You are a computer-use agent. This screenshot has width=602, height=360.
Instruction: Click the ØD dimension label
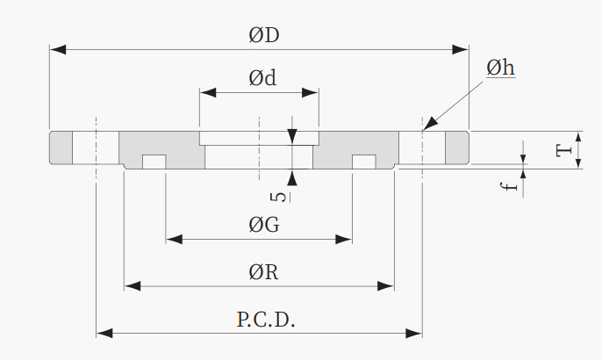tap(264, 35)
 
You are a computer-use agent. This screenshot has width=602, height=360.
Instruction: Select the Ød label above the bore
tap(262, 78)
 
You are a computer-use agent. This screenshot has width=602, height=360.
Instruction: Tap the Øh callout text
tap(500, 68)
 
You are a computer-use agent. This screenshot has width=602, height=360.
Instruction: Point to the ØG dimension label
tap(264, 225)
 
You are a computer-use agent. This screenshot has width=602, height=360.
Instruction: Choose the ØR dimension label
tap(263, 272)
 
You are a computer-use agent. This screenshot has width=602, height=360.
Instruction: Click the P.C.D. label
tap(266, 320)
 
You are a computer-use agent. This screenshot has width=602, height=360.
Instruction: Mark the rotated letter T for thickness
tap(564, 150)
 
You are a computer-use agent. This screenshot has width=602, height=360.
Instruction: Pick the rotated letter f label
tap(510, 186)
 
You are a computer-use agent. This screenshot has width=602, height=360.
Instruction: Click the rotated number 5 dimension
tap(279, 197)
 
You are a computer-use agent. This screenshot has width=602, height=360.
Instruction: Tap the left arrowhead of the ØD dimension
tap(58, 49)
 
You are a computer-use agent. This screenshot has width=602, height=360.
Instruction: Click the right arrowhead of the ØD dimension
tap(461, 49)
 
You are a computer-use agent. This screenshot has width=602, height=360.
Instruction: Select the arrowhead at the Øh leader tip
tap(430, 124)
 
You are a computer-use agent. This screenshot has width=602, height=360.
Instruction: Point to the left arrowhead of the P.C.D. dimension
tap(104, 333)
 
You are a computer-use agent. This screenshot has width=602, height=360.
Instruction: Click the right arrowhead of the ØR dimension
tap(386, 286)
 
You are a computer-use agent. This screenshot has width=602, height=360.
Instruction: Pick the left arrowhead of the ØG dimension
tap(175, 240)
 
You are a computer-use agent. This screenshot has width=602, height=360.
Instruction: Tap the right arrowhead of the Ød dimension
tap(311, 92)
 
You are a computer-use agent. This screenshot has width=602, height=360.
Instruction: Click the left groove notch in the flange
tap(154, 162)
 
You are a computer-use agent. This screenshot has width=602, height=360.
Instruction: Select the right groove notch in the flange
tap(364, 162)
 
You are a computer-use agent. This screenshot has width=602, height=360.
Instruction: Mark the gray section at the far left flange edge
tap(61, 148)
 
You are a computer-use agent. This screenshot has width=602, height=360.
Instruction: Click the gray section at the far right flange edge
tap(457, 148)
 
